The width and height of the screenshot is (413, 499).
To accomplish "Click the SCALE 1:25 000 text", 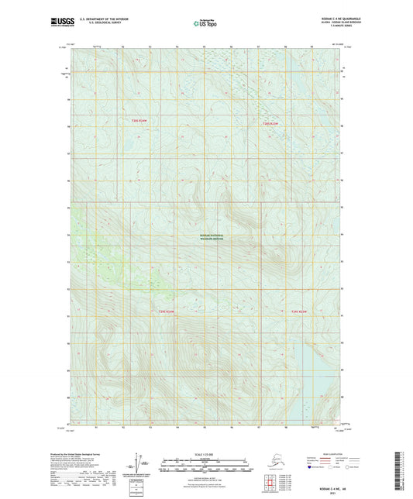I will coord(205,453).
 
